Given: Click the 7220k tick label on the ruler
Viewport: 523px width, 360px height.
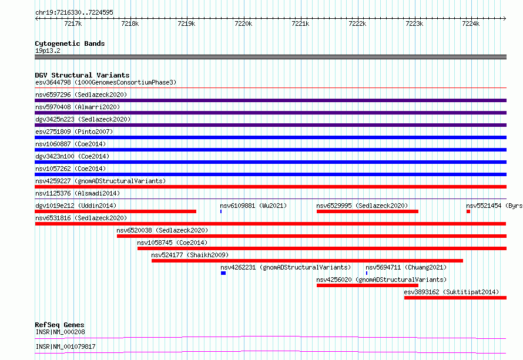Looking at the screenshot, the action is (x=243, y=23).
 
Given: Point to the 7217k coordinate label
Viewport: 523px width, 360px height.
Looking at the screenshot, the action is (x=73, y=23).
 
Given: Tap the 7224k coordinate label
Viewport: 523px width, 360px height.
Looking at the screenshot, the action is (x=471, y=23).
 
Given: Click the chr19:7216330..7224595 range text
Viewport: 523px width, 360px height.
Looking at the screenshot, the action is (x=75, y=13).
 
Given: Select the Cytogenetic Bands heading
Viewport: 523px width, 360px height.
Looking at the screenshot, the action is (x=70, y=43).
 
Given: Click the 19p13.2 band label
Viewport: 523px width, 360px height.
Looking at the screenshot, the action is (x=48, y=51).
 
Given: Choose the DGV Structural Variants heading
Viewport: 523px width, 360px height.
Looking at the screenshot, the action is (x=82, y=75).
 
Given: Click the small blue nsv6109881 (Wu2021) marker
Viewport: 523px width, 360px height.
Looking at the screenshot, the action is (x=221, y=211).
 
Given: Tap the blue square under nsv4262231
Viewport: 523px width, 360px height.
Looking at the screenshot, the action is (x=223, y=273).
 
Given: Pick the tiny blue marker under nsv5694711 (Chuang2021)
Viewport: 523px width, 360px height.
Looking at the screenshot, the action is (x=367, y=273).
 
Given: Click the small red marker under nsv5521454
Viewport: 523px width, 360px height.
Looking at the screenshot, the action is (x=468, y=211).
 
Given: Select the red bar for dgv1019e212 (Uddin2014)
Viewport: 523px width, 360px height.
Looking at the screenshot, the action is (x=115, y=211).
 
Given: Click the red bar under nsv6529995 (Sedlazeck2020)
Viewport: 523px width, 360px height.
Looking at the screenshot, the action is (x=367, y=211).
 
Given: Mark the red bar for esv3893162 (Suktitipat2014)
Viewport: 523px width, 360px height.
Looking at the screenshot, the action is (x=455, y=298).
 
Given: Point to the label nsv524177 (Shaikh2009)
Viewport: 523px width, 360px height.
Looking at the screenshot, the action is (x=190, y=255).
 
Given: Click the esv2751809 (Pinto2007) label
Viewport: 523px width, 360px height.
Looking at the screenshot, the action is (x=74, y=132).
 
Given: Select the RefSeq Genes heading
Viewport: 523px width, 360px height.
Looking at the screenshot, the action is (x=59, y=325).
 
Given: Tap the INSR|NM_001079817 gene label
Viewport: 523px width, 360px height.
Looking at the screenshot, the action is (x=65, y=346).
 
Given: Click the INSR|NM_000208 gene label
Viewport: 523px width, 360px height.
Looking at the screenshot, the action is (x=61, y=332).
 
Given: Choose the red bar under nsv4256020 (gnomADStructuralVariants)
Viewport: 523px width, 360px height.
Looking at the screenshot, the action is (x=367, y=285).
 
